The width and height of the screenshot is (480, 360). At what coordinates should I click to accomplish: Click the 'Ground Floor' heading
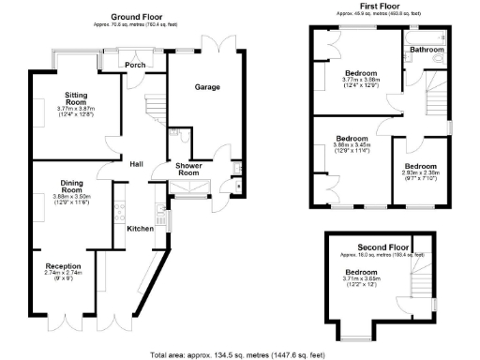tap(141, 17)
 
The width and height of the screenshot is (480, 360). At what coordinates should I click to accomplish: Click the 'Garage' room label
tap(207, 87)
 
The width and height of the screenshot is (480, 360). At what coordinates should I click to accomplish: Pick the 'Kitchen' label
tap(141, 228)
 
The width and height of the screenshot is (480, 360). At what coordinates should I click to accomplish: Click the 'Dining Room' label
tap(67, 187)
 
